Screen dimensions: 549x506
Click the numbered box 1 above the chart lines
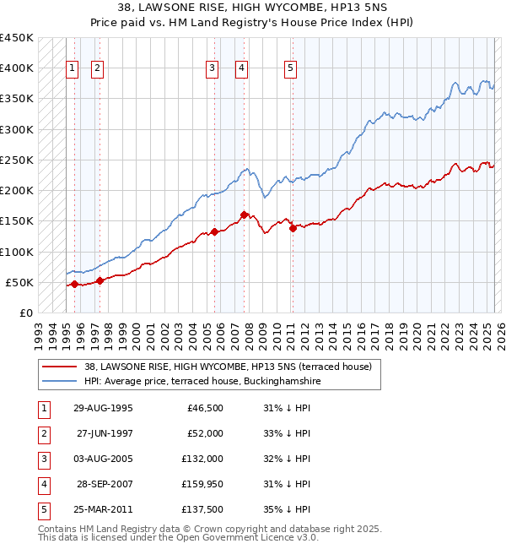pyautogui.click(x=73, y=68)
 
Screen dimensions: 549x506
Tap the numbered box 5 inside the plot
pyautogui.click(x=290, y=68)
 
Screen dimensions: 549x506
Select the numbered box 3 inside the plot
pyautogui.click(x=213, y=68)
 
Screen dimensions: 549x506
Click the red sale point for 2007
pyautogui.click(x=244, y=215)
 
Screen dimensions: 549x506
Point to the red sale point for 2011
pyautogui.click(x=293, y=228)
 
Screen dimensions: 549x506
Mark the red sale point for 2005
pyautogui.click(x=214, y=231)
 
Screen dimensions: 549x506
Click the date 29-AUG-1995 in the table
pyautogui.click(x=104, y=408)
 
